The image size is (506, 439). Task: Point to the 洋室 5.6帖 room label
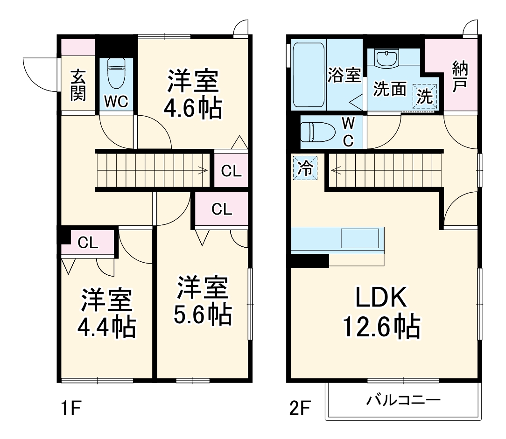(203, 301)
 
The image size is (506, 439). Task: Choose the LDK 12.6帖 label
(382, 313)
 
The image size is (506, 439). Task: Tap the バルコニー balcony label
(403, 400)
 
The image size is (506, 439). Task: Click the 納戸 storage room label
(459, 77)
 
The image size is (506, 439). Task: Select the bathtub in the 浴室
(309, 75)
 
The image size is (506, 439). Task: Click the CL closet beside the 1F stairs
(231, 171)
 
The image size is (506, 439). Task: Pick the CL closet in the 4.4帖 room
(88, 243)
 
